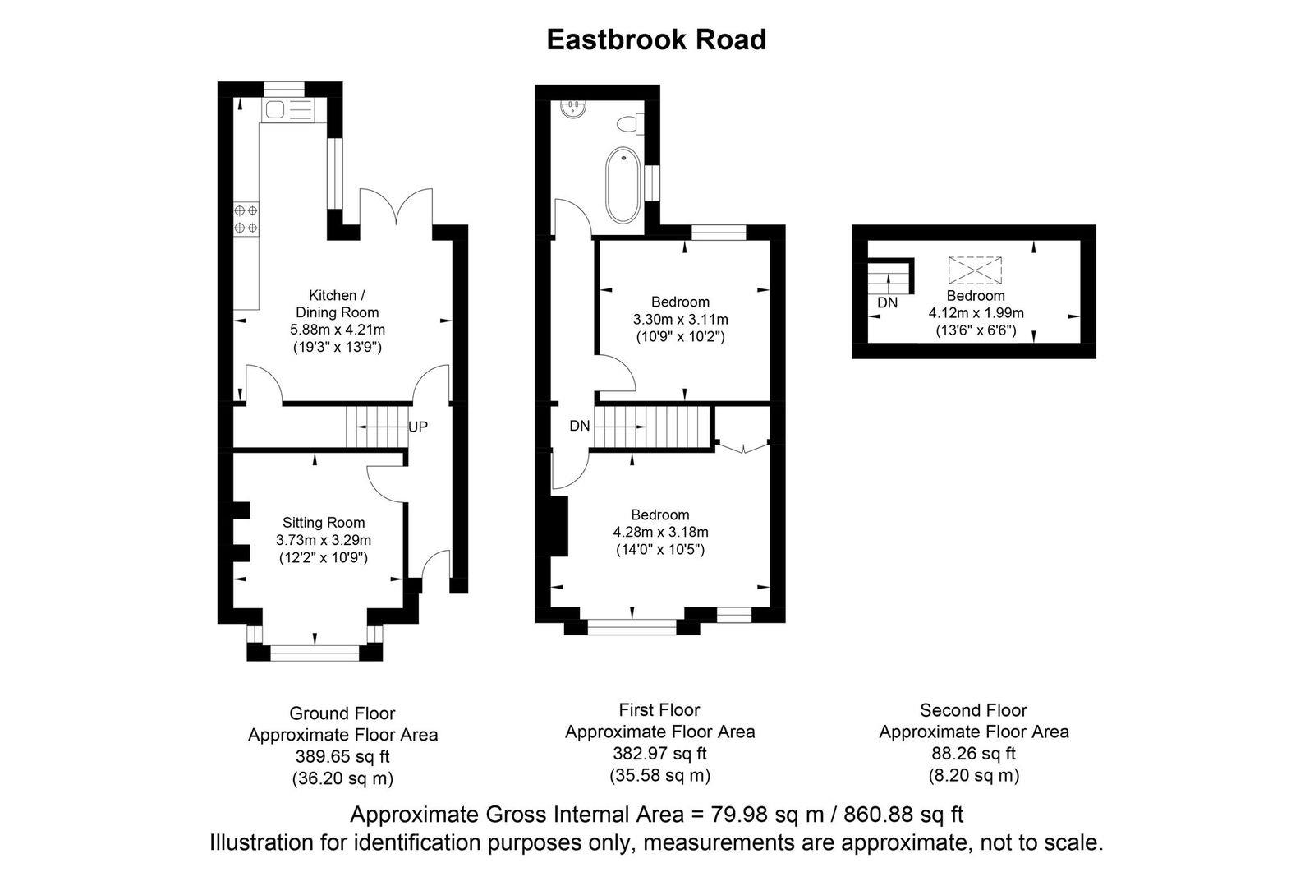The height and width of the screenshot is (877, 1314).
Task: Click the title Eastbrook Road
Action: click(656, 39)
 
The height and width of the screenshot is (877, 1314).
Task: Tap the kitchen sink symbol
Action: click(273, 110)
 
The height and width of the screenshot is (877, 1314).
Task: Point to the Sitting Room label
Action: click(324, 523)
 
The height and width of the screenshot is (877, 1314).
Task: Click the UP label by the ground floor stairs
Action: click(417, 427)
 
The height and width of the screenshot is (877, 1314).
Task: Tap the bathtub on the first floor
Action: click(623, 186)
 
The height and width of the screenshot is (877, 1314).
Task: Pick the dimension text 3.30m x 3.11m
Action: click(680, 319)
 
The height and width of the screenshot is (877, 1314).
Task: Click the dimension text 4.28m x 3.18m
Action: click(660, 532)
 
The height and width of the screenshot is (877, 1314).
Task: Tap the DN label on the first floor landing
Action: click(580, 426)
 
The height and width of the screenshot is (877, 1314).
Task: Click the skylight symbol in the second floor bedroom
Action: click(976, 270)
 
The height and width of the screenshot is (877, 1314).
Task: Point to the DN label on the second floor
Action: click(887, 302)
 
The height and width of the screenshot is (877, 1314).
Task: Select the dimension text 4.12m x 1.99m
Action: click(976, 313)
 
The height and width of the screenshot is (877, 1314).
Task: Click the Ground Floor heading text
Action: click(342, 713)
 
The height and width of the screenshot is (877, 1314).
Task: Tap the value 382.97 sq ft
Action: click(659, 753)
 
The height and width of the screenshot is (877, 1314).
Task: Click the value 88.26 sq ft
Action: click(973, 753)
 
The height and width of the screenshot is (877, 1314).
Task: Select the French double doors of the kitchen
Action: click(396, 206)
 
